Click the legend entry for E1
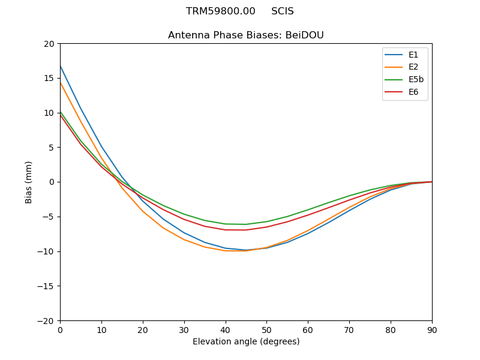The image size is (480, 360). pyautogui.click(x=404, y=55)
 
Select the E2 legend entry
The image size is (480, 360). pyautogui.click(x=404, y=67)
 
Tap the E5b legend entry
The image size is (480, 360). pyautogui.click(x=404, y=80)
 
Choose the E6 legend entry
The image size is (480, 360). pyautogui.click(x=404, y=92)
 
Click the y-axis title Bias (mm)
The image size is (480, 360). pyautogui.click(x=29, y=182)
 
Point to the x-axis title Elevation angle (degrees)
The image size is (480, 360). pyautogui.click(x=246, y=342)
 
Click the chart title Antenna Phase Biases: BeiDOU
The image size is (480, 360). pyautogui.click(x=246, y=35)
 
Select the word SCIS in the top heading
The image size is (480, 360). pyautogui.click(x=283, y=11)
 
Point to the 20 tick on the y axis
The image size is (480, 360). pyautogui.click(x=49, y=44)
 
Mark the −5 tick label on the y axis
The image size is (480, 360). pyautogui.click(x=48, y=217)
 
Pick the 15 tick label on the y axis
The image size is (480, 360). pyautogui.click(x=49, y=78)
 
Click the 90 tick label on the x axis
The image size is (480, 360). pyautogui.click(x=432, y=329)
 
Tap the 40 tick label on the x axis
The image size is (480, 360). pyautogui.click(x=226, y=329)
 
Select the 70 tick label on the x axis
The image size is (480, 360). pyautogui.click(x=349, y=329)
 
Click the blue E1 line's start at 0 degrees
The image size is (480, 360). pyautogui.click(x=61, y=66)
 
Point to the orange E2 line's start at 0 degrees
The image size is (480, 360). pyautogui.click(x=61, y=82)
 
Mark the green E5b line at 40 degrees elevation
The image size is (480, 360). pyautogui.click(x=226, y=224)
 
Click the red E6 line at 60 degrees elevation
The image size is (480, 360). pyautogui.click(x=308, y=215)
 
